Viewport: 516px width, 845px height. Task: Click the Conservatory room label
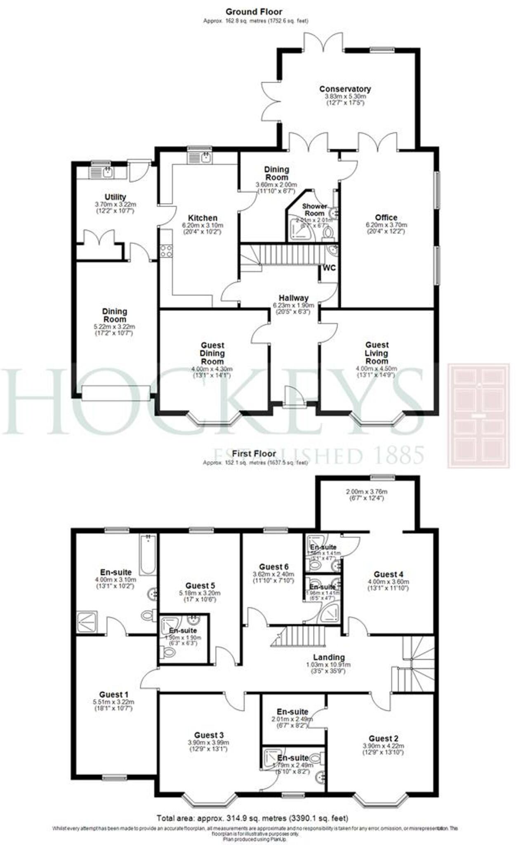(x=345, y=89)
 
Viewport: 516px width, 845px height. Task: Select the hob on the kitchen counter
(x=166, y=251)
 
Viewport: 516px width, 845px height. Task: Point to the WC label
(x=329, y=268)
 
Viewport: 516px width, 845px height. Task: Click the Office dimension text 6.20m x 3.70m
(x=386, y=225)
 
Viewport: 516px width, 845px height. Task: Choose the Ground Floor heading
(x=254, y=12)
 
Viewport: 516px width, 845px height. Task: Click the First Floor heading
(x=254, y=454)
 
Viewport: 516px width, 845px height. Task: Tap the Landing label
(x=329, y=657)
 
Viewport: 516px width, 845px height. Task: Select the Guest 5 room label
(x=200, y=586)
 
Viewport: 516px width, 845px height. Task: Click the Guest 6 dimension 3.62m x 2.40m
(x=273, y=574)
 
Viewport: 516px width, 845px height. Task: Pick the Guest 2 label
(x=383, y=739)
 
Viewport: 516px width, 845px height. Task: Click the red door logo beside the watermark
(x=478, y=415)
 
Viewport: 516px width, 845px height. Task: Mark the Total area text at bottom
(x=252, y=818)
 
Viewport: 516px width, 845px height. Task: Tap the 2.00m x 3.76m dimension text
(x=366, y=491)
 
